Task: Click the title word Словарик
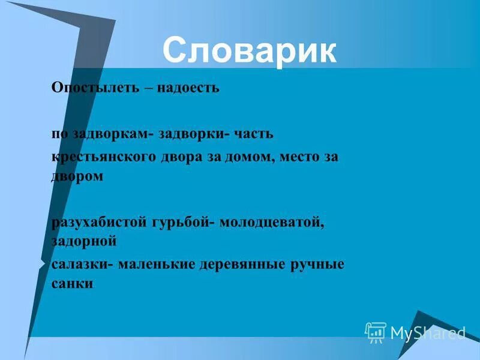pos(249,50)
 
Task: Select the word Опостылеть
pos(94,88)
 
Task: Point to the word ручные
pos(320,265)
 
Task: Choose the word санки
pos(72,283)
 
